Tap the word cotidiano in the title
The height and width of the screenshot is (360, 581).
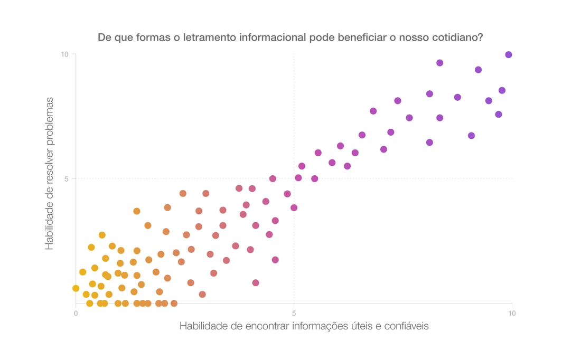[458, 38]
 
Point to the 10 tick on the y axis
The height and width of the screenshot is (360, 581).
[65, 54]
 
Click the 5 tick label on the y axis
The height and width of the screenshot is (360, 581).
[67, 179]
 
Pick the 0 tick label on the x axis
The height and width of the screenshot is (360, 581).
[76, 314]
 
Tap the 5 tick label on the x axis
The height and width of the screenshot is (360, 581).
[294, 314]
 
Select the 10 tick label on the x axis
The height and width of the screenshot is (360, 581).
[511, 314]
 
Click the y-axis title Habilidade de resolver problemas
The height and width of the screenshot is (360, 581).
[50, 174]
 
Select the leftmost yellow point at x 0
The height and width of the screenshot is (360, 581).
[76, 288]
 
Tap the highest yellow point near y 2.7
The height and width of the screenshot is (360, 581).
[102, 235]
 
